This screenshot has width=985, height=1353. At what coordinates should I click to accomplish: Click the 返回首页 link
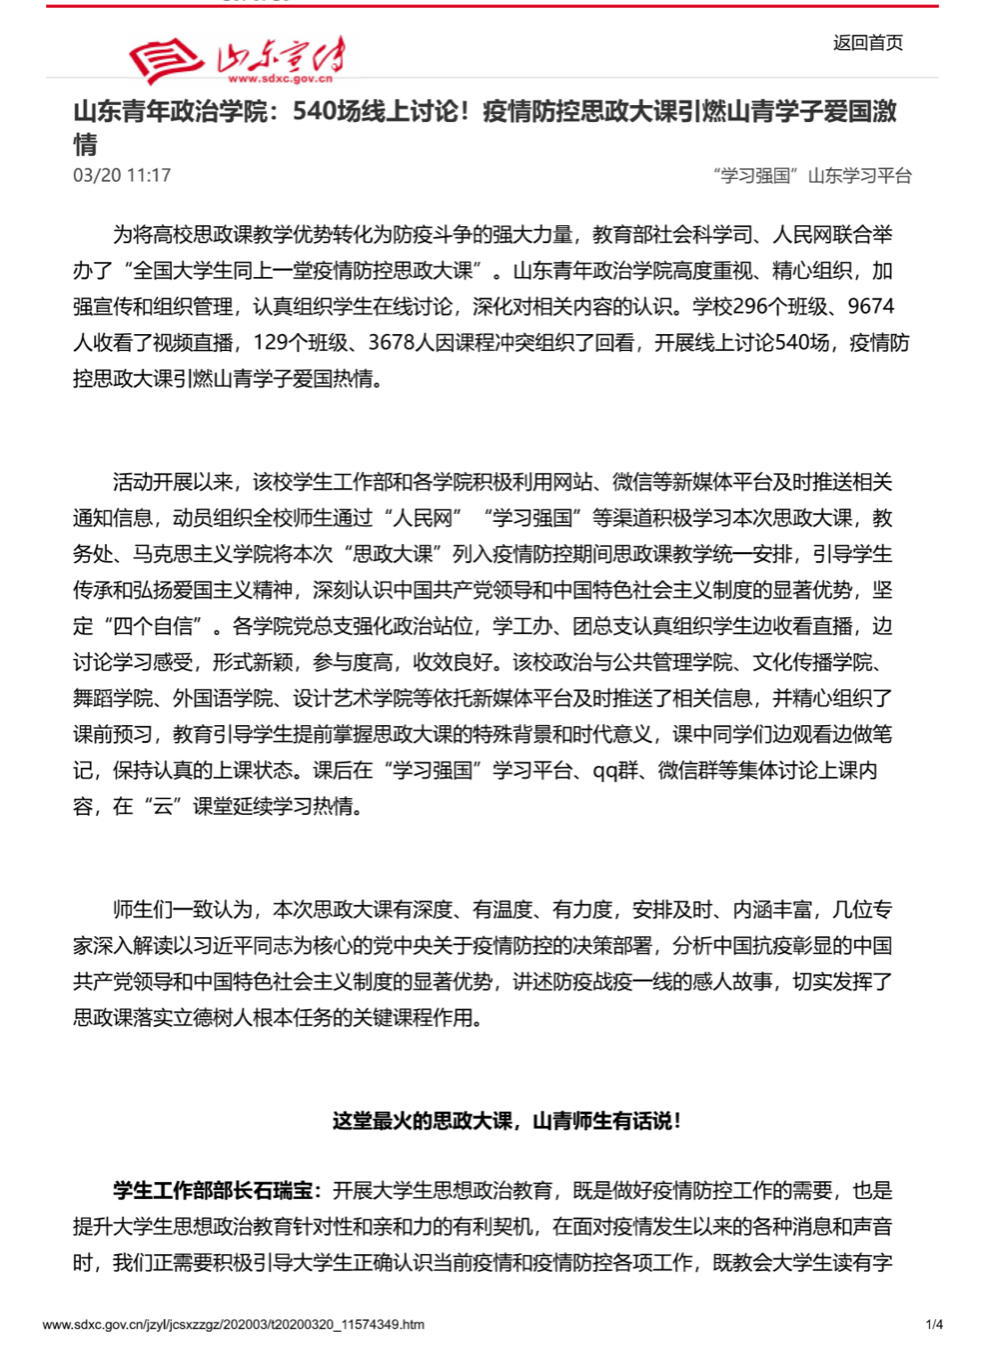[x=867, y=43]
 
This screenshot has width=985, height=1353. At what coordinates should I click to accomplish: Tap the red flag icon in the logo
[x=165, y=61]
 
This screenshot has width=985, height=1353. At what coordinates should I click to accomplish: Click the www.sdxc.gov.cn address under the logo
[x=280, y=78]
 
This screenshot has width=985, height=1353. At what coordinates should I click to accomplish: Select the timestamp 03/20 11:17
[x=122, y=175]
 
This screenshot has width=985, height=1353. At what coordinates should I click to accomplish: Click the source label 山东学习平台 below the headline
[x=859, y=175]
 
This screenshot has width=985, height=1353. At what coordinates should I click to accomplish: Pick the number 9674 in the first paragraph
[x=870, y=306]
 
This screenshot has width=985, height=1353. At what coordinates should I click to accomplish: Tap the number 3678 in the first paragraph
[x=392, y=343]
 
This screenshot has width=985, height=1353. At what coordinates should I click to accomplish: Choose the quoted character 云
[x=163, y=806]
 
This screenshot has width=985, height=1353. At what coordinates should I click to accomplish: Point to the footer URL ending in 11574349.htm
[x=233, y=1324]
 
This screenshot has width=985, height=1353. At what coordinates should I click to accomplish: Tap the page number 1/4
[x=934, y=1324]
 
